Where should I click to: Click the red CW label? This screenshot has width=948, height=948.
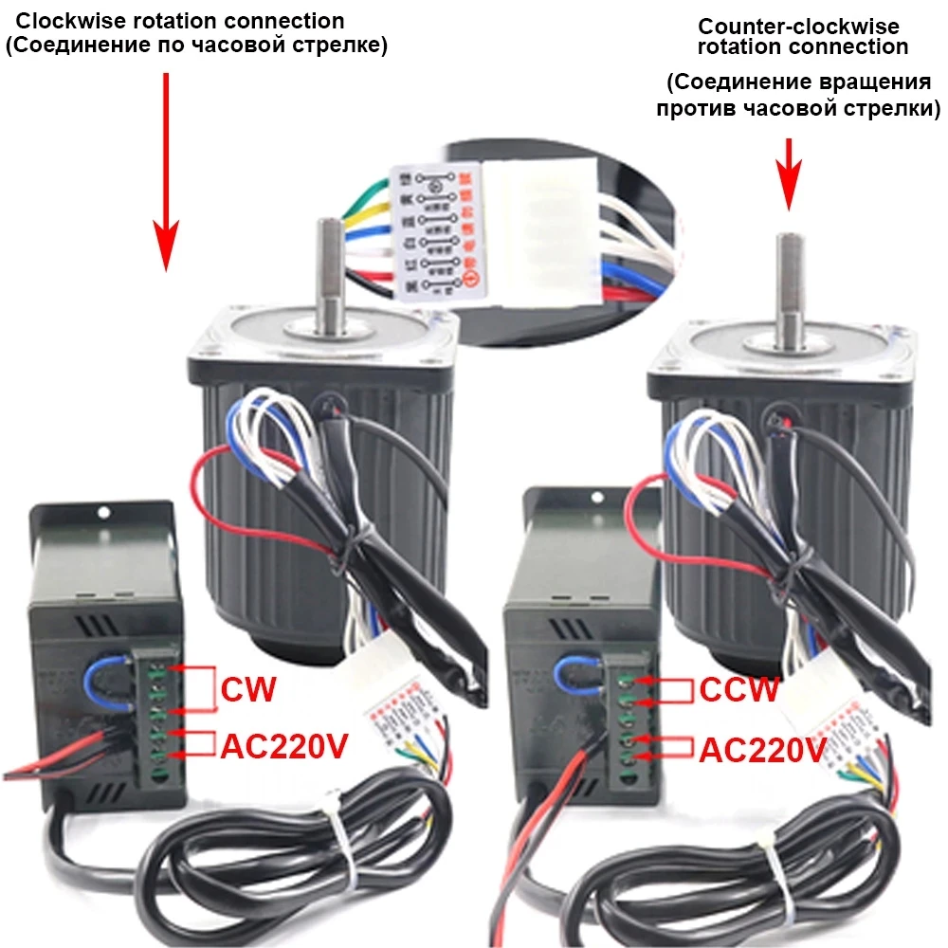tap(248, 688)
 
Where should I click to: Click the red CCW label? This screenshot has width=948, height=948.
tap(739, 689)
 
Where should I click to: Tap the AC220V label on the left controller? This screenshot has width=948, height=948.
tap(284, 747)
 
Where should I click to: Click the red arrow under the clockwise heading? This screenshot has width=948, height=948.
tap(167, 171)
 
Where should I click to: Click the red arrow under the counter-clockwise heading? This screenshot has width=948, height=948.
tap(789, 171)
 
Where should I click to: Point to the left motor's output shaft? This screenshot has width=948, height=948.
tap(329, 275)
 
